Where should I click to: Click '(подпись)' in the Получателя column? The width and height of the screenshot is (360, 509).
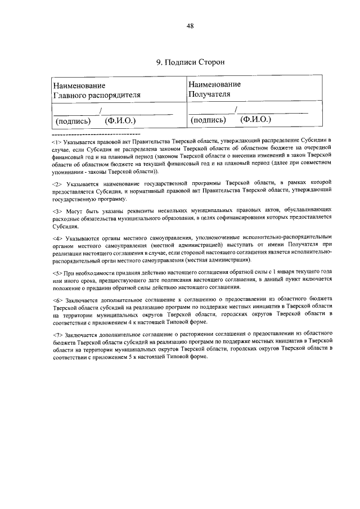coord(208,120)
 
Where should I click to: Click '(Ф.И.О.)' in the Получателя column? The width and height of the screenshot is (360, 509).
coord(255,119)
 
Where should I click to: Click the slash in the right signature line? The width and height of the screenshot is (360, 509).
coord(236,110)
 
